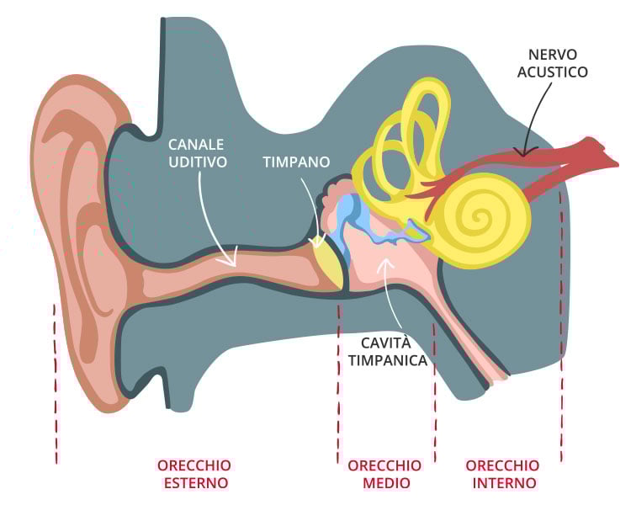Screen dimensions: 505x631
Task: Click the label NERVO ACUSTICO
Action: coord(553,63)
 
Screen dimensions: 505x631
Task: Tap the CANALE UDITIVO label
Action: coord(197,153)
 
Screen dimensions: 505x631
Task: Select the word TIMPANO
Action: coord(295,162)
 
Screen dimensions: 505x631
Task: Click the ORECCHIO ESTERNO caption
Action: coord(194,474)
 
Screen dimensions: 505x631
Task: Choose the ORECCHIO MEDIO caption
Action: coord(384,474)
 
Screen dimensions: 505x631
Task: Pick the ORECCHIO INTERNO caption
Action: coord(503,474)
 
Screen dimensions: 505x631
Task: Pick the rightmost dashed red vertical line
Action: coord(560,337)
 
